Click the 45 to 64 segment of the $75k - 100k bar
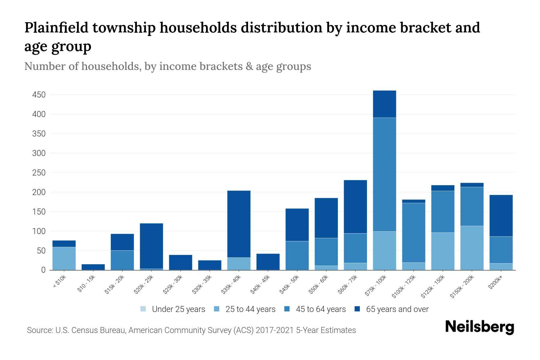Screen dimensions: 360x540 pyautogui.click(x=384, y=174)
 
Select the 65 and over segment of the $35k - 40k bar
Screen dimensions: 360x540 pyautogui.click(x=239, y=224)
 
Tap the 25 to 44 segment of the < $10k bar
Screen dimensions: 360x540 pyautogui.click(x=64, y=258)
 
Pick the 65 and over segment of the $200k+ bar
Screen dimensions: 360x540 pyautogui.click(x=501, y=215)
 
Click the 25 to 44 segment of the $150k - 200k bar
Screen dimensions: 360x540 pyautogui.click(x=472, y=248)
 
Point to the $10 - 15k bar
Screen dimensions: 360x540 pyautogui.click(x=93, y=267)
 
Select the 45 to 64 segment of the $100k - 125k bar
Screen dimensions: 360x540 pyautogui.click(x=414, y=232)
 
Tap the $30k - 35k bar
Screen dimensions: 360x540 pyautogui.click(x=210, y=265)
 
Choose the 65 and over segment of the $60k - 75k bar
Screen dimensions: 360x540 pyautogui.click(x=355, y=206)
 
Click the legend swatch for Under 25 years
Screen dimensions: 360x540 pyautogui.click(x=143, y=309)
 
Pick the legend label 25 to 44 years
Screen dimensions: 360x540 pyautogui.click(x=250, y=309)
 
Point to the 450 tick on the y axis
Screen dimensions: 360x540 pyautogui.click(x=39, y=95)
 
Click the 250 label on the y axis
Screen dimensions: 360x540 pyautogui.click(x=39, y=173)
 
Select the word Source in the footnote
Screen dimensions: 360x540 pyautogui.click(x=39, y=330)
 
